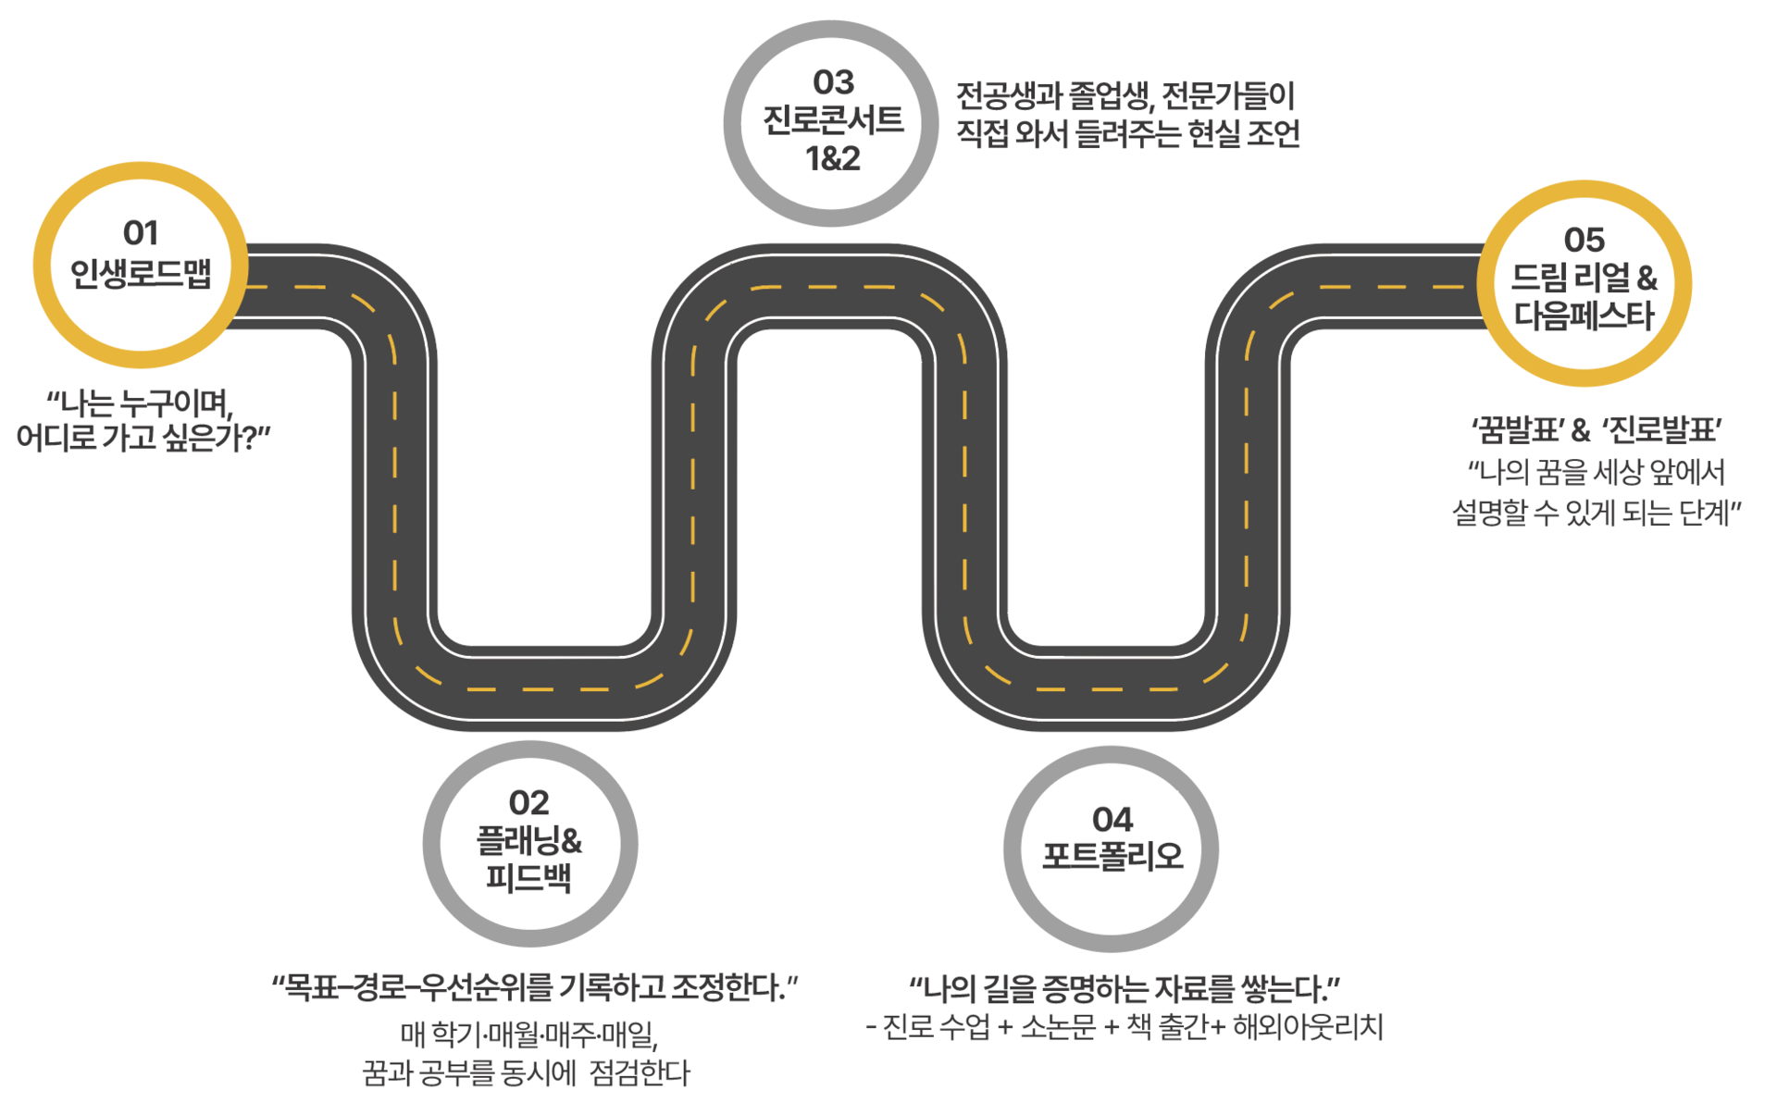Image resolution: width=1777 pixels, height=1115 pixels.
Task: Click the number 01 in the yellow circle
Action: click(x=141, y=233)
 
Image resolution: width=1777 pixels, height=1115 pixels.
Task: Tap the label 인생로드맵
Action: click(x=141, y=273)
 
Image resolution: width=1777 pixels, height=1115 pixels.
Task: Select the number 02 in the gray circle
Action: click(x=528, y=802)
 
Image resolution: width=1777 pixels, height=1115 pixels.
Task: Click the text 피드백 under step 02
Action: click(x=528, y=876)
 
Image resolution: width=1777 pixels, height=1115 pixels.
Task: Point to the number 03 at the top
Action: click(x=833, y=82)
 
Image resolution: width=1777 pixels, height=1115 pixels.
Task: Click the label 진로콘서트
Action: click(x=833, y=120)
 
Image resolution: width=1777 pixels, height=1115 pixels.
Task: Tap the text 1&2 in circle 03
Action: click(x=833, y=159)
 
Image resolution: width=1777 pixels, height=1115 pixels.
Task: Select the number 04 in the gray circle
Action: click(x=1112, y=819)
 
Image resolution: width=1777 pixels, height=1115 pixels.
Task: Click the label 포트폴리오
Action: click(x=1112, y=856)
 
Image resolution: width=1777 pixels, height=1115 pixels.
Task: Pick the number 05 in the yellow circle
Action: click(x=1584, y=241)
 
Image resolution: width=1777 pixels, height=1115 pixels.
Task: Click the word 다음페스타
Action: click(x=1584, y=316)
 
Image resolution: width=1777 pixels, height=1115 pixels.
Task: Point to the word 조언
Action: click(x=1274, y=134)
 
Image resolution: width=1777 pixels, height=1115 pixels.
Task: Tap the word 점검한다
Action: click(x=640, y=1073)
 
